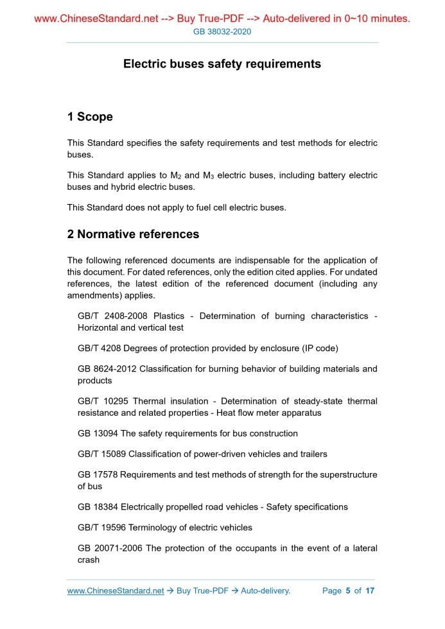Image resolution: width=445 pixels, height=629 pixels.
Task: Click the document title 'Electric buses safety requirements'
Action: pyautogui.click(x=222, y=64)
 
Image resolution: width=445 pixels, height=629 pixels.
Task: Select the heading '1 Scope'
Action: pyautogui.click(x=90, y=117)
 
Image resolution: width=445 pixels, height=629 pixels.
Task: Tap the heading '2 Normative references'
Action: pyautogui.click(x=133, y=234)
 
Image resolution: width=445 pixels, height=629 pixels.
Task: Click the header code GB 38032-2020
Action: pyautogui.click(x=222, y=31)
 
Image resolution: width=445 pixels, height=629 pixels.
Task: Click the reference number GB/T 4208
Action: pyautogui.click(x=100, y=349)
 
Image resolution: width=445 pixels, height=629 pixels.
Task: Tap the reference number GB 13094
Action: pyautogui.click(x=98, y=433)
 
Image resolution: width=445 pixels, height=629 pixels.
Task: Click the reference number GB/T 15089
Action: pyautogui.click(x=102, y=454)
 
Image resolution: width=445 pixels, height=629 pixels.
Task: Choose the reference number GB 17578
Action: pyautogui.click(x=98, y=475)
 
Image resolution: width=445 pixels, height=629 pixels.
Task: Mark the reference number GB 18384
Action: pyautogui.click(x=98, y=507)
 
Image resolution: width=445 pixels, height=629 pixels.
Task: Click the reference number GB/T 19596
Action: pyautogui.click(x=102, y=528)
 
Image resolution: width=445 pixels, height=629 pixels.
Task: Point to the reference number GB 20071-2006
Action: pyautogui.click(x=110, y=549)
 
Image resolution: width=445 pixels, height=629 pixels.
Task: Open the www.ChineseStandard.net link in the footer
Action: pyautogui.click(x=116, y=590)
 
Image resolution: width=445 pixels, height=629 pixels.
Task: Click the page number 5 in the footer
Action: pyautogui.click(x=347, y=590)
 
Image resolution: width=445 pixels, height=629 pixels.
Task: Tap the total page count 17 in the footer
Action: pyautogui.click(x=369, y=590)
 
